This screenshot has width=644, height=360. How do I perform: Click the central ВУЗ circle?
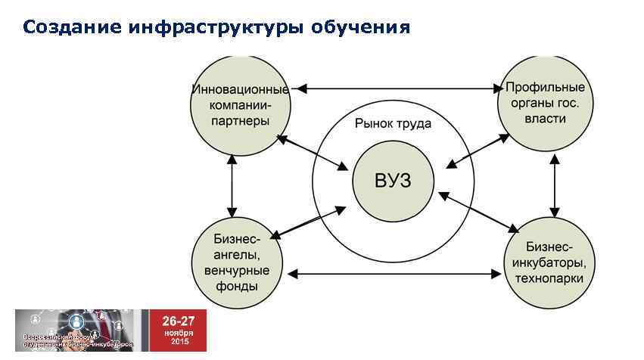pos(393,181)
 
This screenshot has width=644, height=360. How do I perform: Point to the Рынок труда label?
pos(393,123)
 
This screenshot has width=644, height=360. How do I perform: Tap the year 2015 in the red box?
pos(179,342)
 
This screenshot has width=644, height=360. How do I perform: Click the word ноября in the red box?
pos(178,332)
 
